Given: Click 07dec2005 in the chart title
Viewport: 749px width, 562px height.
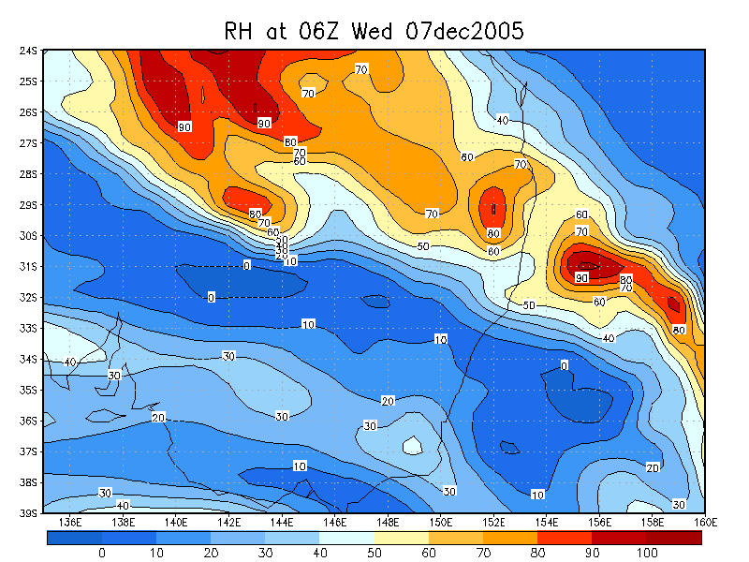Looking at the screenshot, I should point(465,31).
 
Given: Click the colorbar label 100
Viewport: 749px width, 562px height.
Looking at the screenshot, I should point(647,554).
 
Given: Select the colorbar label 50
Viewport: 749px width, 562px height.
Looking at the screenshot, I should point(374,554).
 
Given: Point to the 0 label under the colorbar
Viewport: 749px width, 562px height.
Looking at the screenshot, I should point(101,554).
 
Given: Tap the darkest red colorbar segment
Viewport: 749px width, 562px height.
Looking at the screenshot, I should point(674,538).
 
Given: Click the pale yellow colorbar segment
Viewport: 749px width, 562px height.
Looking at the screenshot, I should point(402,538).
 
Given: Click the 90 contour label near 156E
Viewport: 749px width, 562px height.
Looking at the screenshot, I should point(581,278).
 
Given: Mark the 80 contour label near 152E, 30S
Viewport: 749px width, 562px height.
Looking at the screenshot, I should point(493,233).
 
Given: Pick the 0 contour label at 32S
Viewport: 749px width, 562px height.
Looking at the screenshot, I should point(211,297).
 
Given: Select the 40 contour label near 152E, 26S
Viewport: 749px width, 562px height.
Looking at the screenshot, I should point(503,120).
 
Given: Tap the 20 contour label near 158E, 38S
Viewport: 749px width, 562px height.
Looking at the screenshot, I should point(653,466).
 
